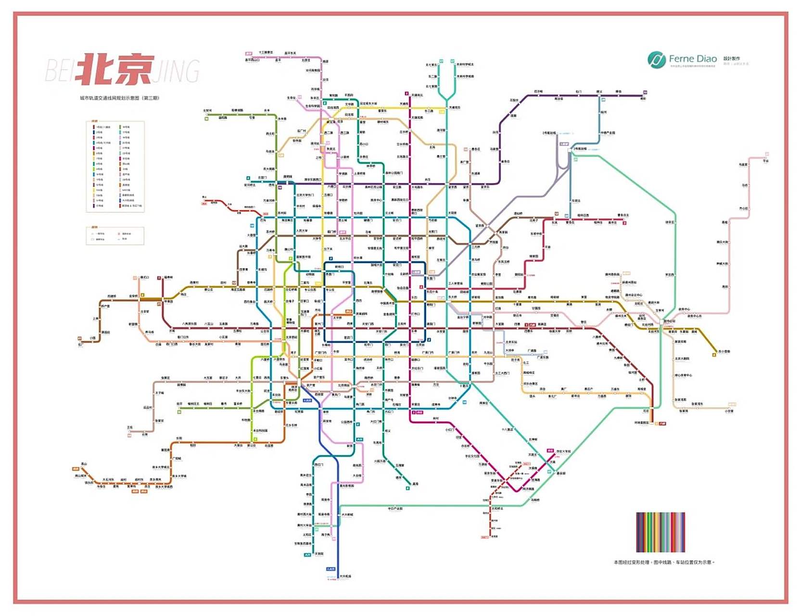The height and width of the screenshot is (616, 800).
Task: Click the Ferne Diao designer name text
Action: [x=693, y=59]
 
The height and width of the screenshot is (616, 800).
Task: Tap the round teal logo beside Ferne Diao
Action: [x=656, y=60]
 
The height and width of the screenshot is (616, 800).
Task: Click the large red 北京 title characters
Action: [x=115, y=69]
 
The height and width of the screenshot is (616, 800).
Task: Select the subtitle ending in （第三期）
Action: [x=119, y=98]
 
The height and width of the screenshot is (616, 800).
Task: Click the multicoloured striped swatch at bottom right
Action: [x=660, y=532]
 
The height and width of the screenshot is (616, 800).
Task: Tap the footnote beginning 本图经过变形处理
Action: [x=663, y=562]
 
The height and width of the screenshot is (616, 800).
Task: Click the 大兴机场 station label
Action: [x=345, y=576]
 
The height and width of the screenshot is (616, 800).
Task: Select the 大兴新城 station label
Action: [x=347, y=514]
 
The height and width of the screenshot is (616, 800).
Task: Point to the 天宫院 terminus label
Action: [x=319, y=554]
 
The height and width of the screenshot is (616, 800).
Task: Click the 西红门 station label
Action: [x=319, y=465]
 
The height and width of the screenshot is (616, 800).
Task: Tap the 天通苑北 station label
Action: [x=417, y=95]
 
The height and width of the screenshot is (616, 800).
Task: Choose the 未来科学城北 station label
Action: [x=465, y=64]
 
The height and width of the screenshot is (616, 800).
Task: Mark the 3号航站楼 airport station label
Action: [x=580, y=149]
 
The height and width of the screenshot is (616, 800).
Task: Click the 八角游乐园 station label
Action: [x=190, y=324]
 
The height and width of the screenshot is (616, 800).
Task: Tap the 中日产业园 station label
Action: [x=395, y=508]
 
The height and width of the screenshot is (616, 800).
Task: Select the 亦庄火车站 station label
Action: [x=563, y=451]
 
